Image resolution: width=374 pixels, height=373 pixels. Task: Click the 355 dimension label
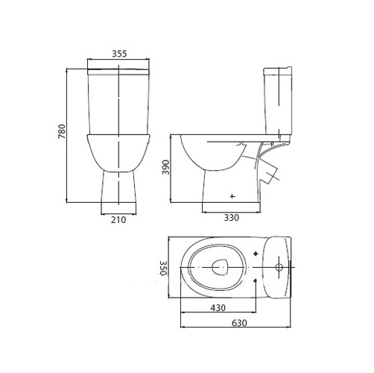coord(119,54)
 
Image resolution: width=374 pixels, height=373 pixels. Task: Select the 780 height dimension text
coord(62,131)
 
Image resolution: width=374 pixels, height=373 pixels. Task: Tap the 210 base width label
coord(118,220)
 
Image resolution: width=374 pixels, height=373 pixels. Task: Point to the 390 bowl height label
coord(165,167)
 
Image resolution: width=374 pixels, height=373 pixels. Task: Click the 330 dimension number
coord(232,218)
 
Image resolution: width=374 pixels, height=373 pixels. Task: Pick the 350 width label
coord(163,268)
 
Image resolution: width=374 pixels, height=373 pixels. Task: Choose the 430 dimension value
coord(218,308)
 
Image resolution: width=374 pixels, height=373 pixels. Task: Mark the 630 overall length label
coord(239,323)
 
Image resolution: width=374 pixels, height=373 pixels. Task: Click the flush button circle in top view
coord(279,267)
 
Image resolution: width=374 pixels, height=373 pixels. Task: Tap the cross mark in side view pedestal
coord(232,196)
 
